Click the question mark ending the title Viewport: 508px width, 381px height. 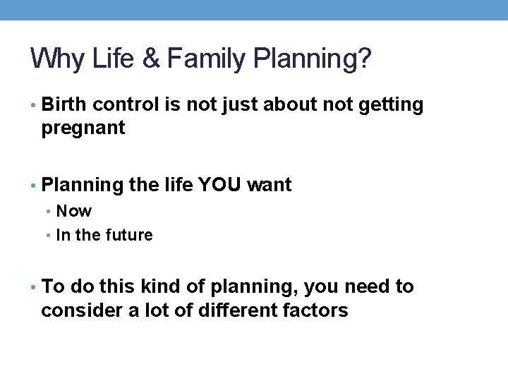[x=363, y=59]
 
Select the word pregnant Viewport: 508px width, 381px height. [x=83, y=129]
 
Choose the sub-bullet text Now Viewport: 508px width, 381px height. [x=74, y=211]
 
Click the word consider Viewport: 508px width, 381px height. [x=79, y=311]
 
